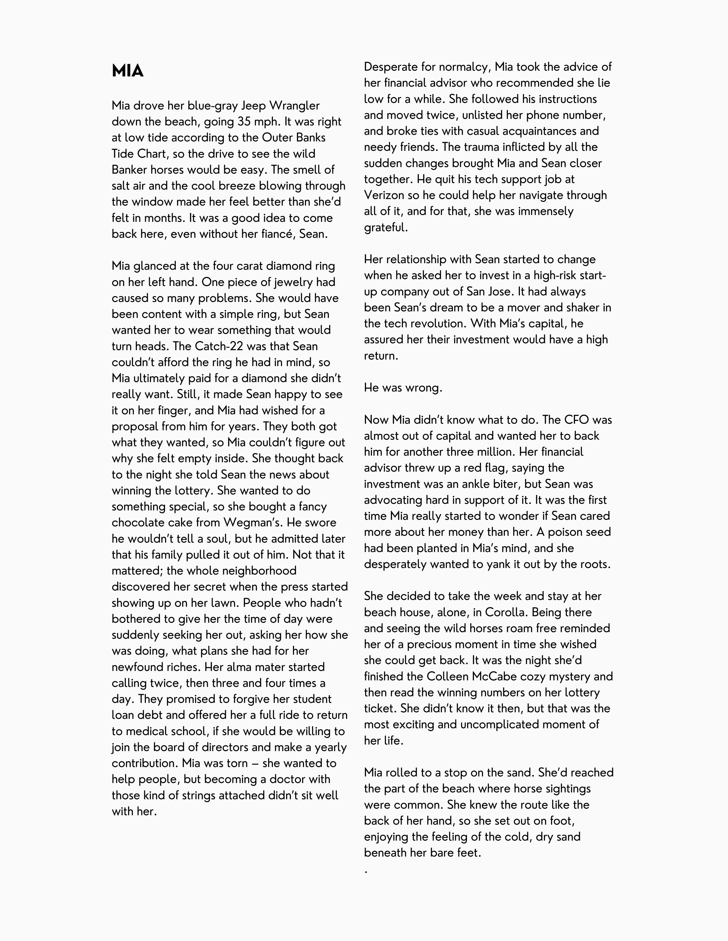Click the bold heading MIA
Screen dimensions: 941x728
pyautogui.click(x=127, y=71)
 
